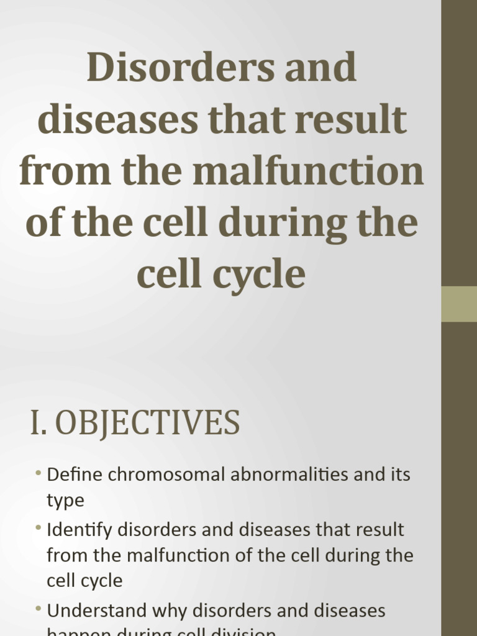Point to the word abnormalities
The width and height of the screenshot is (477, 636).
pyautogui.click(x=297, y=475)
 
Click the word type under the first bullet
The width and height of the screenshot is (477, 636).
pyautogui.click(x=65, y=501)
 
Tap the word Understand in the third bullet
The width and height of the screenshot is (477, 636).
pyautogui.click(x=97, y=611)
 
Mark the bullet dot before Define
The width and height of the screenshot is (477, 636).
pyautogui.click(x=39, y=474)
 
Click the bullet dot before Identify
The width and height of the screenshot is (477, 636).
pyautogui.click(x=39, y=529)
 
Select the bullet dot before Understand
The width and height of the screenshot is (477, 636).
pyautogui.click(x=39, y=610)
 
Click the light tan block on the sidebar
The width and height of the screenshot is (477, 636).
pyautogui.click(x=459, y=304)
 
